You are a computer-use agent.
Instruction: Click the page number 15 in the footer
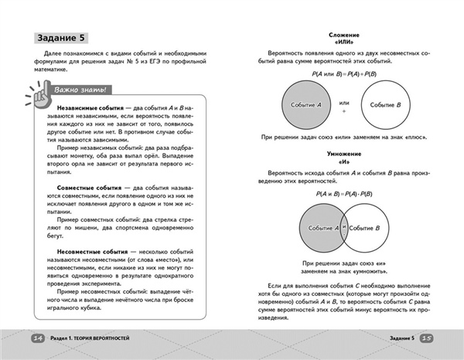click(429, 338)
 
